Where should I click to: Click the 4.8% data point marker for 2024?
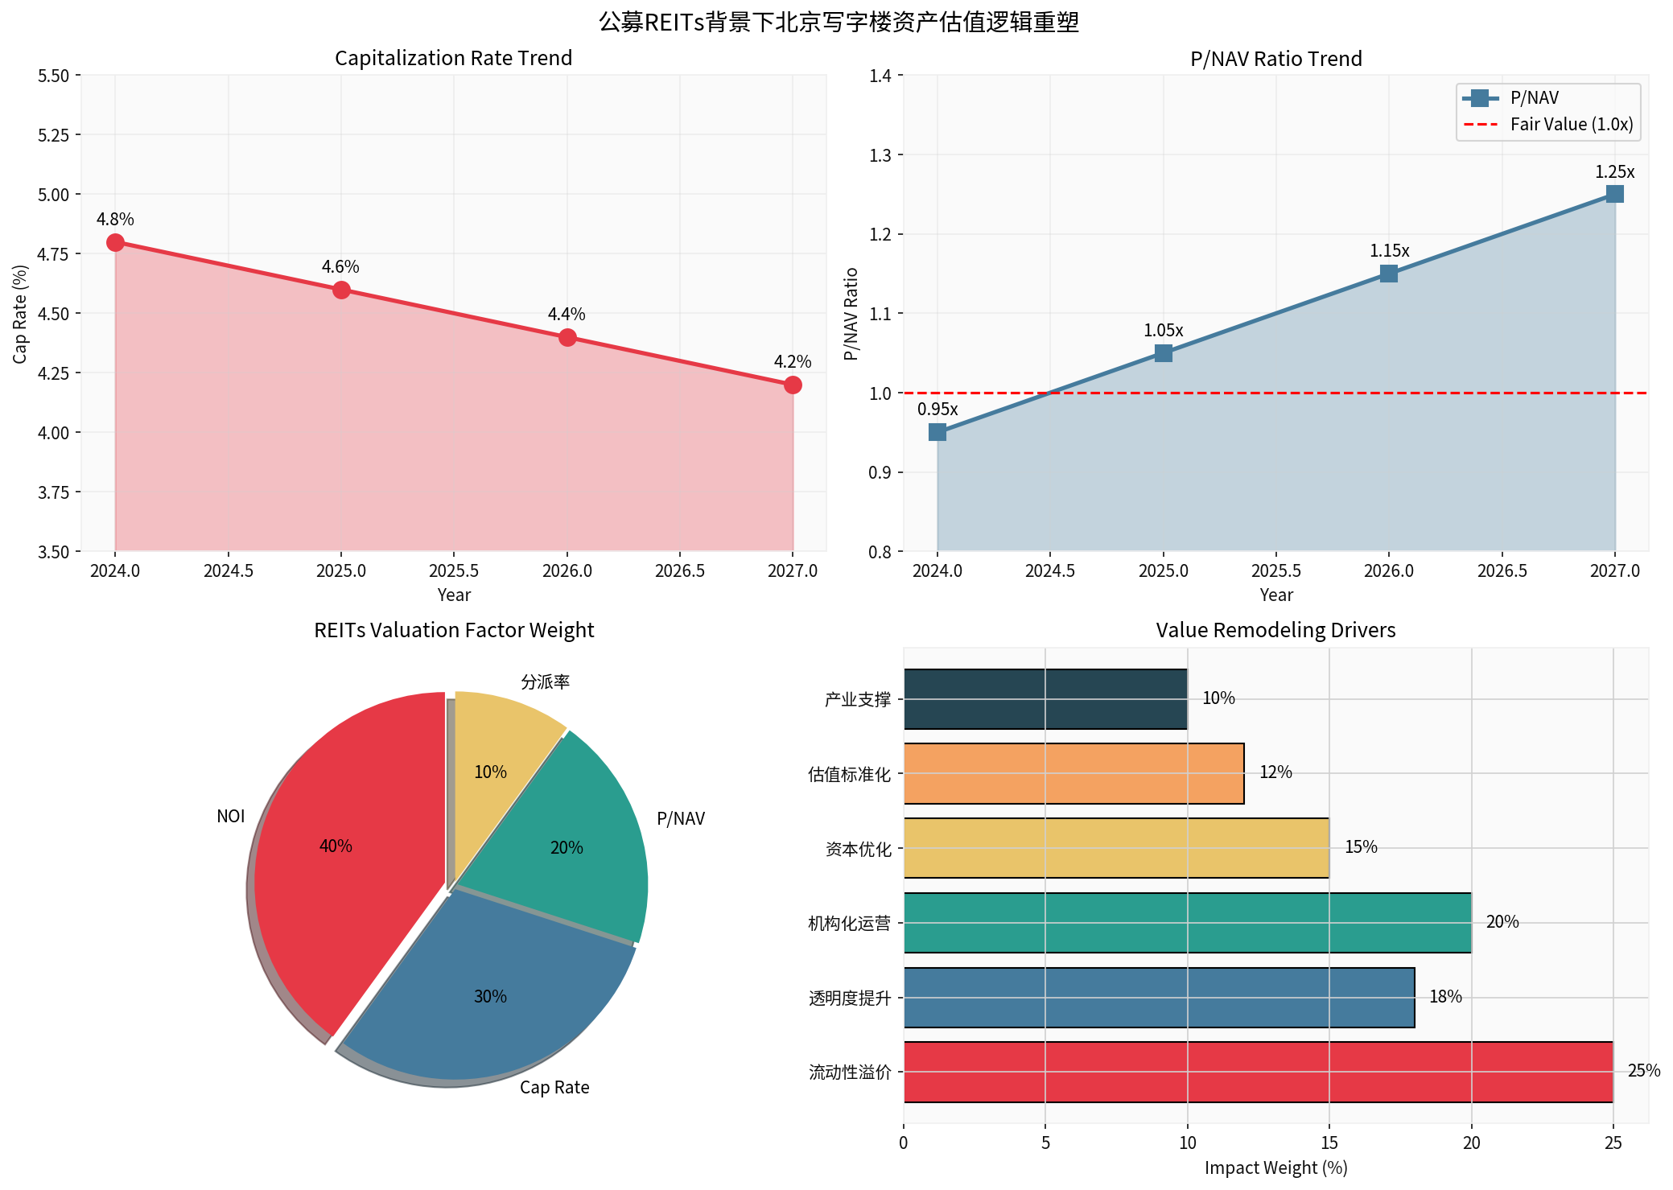tap(115, 242)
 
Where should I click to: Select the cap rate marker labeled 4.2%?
tap(793, 385)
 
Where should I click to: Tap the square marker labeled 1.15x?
tap(1389, 274)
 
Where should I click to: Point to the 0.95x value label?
tap(937, 410)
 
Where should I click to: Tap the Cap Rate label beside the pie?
tap(554, 1088)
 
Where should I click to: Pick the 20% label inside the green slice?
tap(567, 848)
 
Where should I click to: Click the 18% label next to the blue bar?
tap(1445, 997)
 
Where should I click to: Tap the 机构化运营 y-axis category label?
tap(850, 924)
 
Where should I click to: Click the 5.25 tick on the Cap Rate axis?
tap(54, 135)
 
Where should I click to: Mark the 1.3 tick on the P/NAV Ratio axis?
tap(880, 155)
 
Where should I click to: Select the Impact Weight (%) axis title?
tap(1275, 1168)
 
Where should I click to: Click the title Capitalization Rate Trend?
tap(453, 59)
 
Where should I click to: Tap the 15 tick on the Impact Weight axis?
tap(1329, 1143)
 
